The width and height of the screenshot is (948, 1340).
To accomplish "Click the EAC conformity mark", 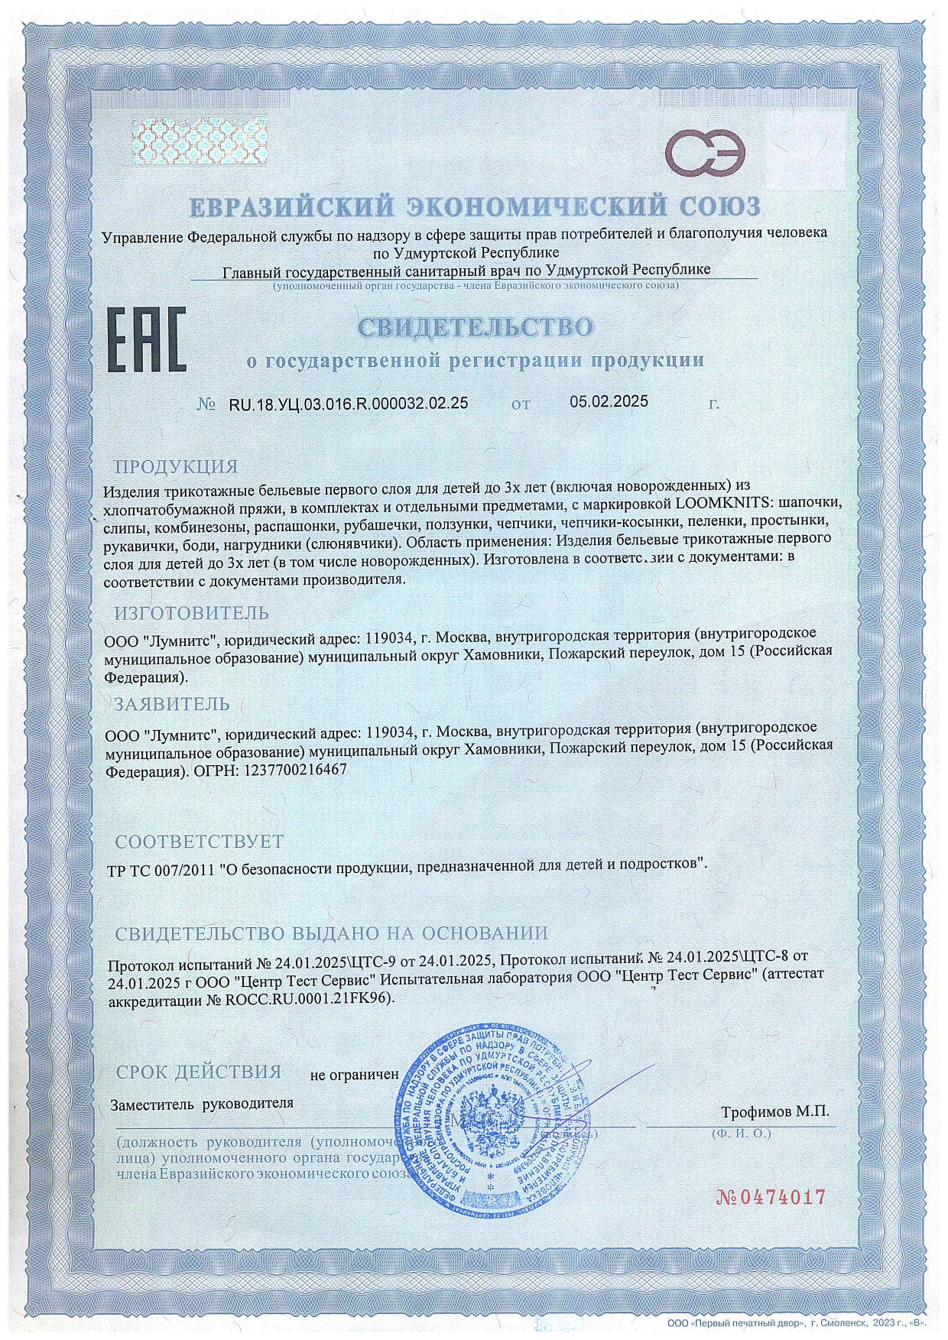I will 144,340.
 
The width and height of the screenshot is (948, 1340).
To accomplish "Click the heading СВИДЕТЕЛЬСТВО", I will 475,328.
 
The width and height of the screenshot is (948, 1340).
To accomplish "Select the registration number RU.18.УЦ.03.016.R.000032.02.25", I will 349,404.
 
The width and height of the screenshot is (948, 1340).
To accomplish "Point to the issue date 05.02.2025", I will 609,402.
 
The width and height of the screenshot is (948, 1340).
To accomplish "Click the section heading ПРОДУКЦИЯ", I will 176,466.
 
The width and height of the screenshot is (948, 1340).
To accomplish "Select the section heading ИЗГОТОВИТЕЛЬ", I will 191,613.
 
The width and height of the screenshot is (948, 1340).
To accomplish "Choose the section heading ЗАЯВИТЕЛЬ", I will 171,703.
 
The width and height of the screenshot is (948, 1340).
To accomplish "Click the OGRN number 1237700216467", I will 294,771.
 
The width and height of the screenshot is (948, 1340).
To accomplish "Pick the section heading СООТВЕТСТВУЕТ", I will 199,842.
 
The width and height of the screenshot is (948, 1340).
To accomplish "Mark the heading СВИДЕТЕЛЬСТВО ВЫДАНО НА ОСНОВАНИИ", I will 331,933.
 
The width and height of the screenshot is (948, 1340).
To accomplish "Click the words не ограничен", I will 354,1075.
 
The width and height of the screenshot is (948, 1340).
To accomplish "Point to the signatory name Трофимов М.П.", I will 774,1111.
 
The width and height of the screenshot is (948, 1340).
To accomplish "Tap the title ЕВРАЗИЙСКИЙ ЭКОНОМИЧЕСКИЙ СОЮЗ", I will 475,207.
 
